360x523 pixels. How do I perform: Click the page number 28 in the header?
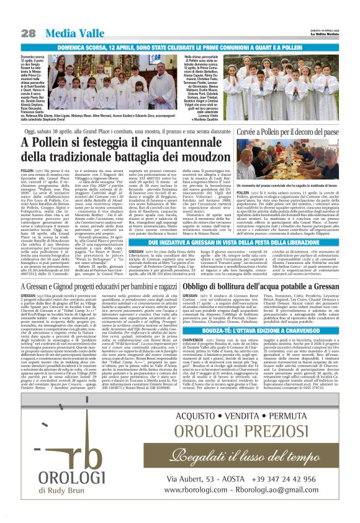tap(28, 33)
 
